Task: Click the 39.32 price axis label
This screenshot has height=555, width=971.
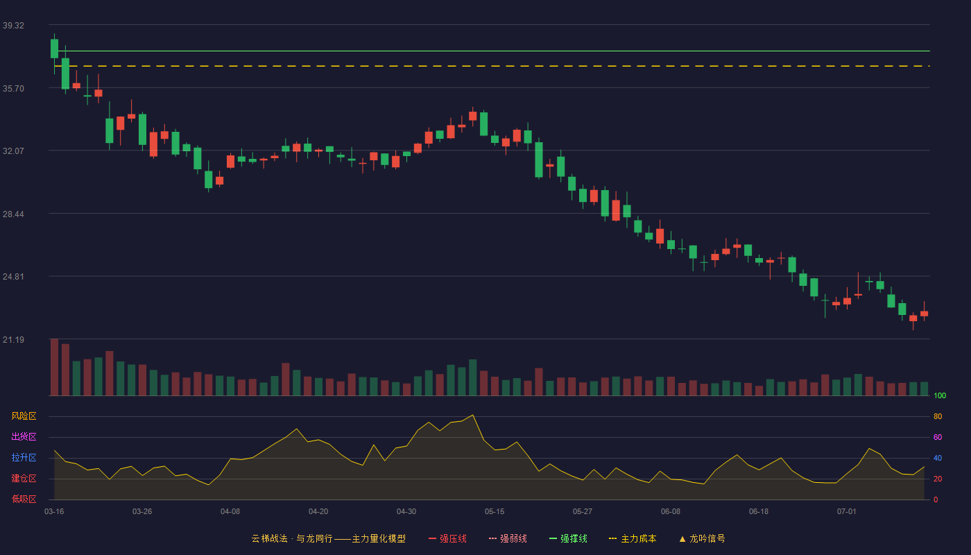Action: pyautogui.click(x=13, y=26)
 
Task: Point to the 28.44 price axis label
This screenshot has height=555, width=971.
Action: pyautogui.click(x=13, y=214)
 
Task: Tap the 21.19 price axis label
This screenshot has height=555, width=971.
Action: pyautogui.click(x=13, y=339)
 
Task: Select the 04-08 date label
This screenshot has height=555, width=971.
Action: pyautogui.click(x=230, y=512)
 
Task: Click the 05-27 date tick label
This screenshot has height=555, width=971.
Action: pyautogui.click(x=583, y=512)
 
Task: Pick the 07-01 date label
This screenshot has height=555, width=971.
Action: pyautogui.click(x=847, y=512)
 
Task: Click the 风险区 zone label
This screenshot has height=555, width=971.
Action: pyautogui.click(x=24, y=416)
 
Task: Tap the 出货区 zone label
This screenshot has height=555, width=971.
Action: pyautogui.click(x=24, y=436)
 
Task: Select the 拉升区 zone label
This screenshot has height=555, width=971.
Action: pyautogui.click(x=24, y=457)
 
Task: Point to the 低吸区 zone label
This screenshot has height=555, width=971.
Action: pyautogui.click(x=24, y=499)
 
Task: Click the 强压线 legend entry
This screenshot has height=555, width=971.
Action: pyautogui.click(x=448, y=538)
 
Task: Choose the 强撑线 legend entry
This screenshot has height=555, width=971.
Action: pyautogui.click(x=568, y=538)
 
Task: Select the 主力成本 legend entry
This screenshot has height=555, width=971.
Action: pyautogui.click(x=633, y=538)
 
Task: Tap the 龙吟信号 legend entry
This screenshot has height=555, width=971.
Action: pyautogui.click(x=702, y=538)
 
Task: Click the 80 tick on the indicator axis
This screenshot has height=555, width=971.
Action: pyautogui.click(x=938, y=416)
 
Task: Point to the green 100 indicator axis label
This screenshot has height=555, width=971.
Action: pyautogui.click(x=940, y=395)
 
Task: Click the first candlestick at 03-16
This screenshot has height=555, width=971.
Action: pyautogui.click(x=54, y=49)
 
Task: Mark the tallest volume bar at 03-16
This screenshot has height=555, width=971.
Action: pyautogui.click(x=54, y=367)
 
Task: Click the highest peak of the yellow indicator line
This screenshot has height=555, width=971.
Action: pyautogui.click(x=472, y=415)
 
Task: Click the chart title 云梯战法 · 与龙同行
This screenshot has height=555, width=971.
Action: pyautogui.click(x=292, y=538)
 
